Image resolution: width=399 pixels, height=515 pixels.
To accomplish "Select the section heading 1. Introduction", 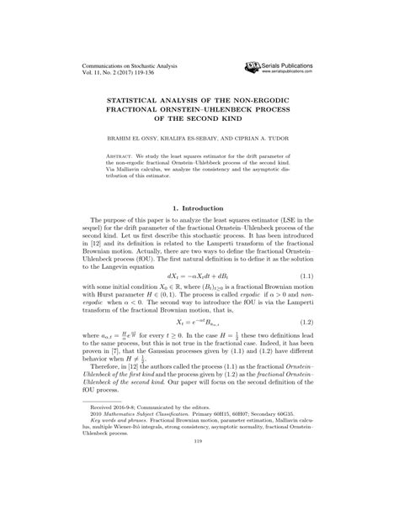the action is point(199,208).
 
